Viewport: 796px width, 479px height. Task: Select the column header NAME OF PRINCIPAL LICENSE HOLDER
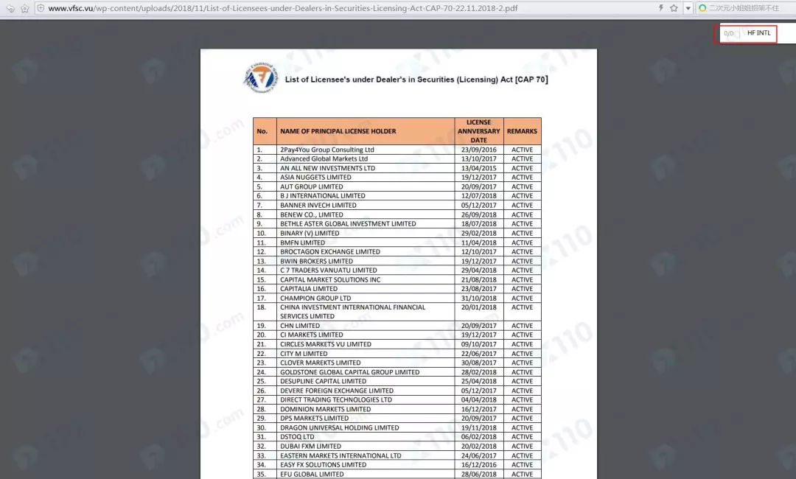[338, 131]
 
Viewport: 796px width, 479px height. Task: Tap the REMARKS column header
[522, 131]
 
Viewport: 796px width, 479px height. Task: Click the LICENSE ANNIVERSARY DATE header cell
[478, 131]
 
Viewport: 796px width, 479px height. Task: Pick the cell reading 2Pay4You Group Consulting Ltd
[327, 150]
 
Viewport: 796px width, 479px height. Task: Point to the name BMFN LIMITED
[302, 242]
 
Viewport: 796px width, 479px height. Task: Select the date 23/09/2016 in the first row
[478, 150]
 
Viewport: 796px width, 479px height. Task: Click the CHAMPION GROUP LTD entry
[315, 298]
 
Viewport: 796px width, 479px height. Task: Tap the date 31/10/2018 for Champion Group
[478, 298]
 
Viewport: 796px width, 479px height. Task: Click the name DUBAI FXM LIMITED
[310, 446]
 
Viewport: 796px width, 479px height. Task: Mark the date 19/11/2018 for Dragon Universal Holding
[478, 427]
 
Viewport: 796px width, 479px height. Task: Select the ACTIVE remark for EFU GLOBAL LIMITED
[522, 474]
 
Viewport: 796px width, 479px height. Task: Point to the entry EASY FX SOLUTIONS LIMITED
[323, 464]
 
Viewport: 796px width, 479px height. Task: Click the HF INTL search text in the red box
[758, 33]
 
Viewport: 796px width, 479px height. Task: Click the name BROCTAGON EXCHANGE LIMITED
[330, 251]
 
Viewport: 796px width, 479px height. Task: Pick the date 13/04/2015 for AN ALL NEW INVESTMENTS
[478, 168]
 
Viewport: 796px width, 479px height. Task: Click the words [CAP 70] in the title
[531, 79]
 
